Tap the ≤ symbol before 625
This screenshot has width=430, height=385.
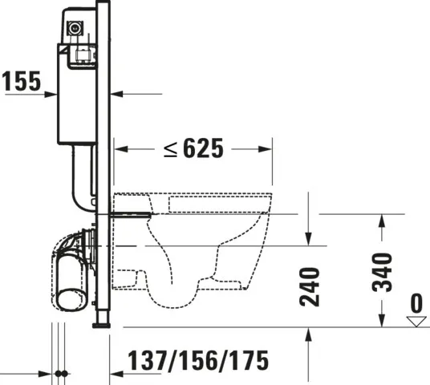point(170,148)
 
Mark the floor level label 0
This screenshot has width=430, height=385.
point(415,304)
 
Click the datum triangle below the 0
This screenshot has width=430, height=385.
point(415,321)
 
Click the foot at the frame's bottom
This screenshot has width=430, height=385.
point(102,324)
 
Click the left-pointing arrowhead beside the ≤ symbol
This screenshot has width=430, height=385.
point(120,148)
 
